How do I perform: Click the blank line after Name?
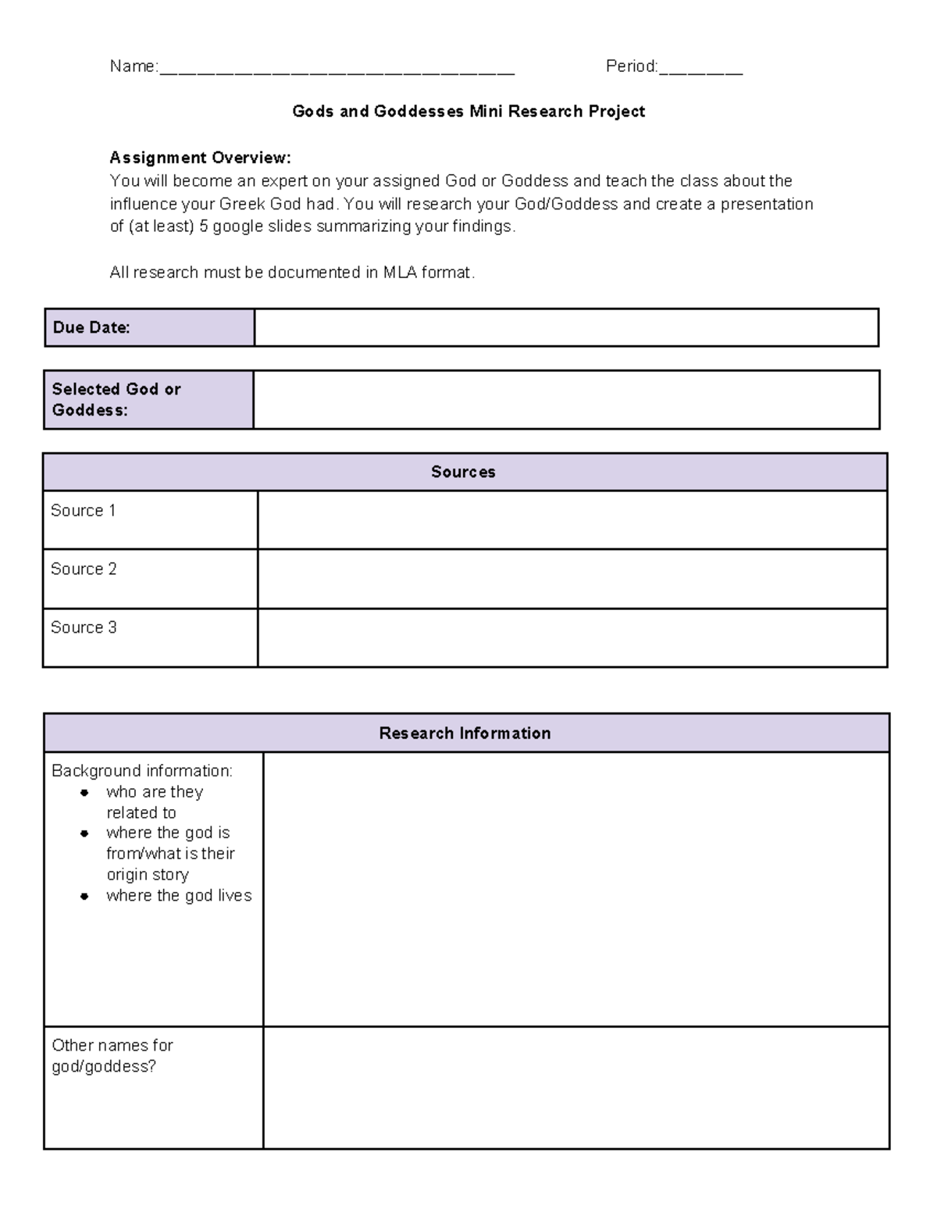tap(337, 69)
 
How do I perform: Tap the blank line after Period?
tap(700, 69)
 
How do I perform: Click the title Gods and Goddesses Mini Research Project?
tap(468, 112)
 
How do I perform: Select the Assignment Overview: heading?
tap(200, 158)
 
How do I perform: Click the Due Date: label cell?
tap(91, 328)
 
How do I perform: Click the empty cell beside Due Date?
tap(566, 328)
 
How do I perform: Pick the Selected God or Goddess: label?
tap(116, 399)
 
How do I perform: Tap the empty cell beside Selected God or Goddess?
tap(566, 400)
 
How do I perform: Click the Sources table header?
tap(464, 473)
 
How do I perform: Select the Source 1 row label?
tap(84, 511)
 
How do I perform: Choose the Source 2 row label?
tap(84, 569)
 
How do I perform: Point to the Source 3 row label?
tap(84, 628)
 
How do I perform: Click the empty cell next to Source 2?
tap(572, 579)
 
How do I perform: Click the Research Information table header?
tap(465, 733)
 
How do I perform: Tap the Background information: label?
tap(142, 771)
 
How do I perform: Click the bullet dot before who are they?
tap(84, 793)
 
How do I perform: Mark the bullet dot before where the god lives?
tap(84, 897)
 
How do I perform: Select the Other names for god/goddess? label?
tap(112, 1056)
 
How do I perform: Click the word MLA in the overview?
tap(401, 273)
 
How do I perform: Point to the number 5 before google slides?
tap(204, 227)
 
